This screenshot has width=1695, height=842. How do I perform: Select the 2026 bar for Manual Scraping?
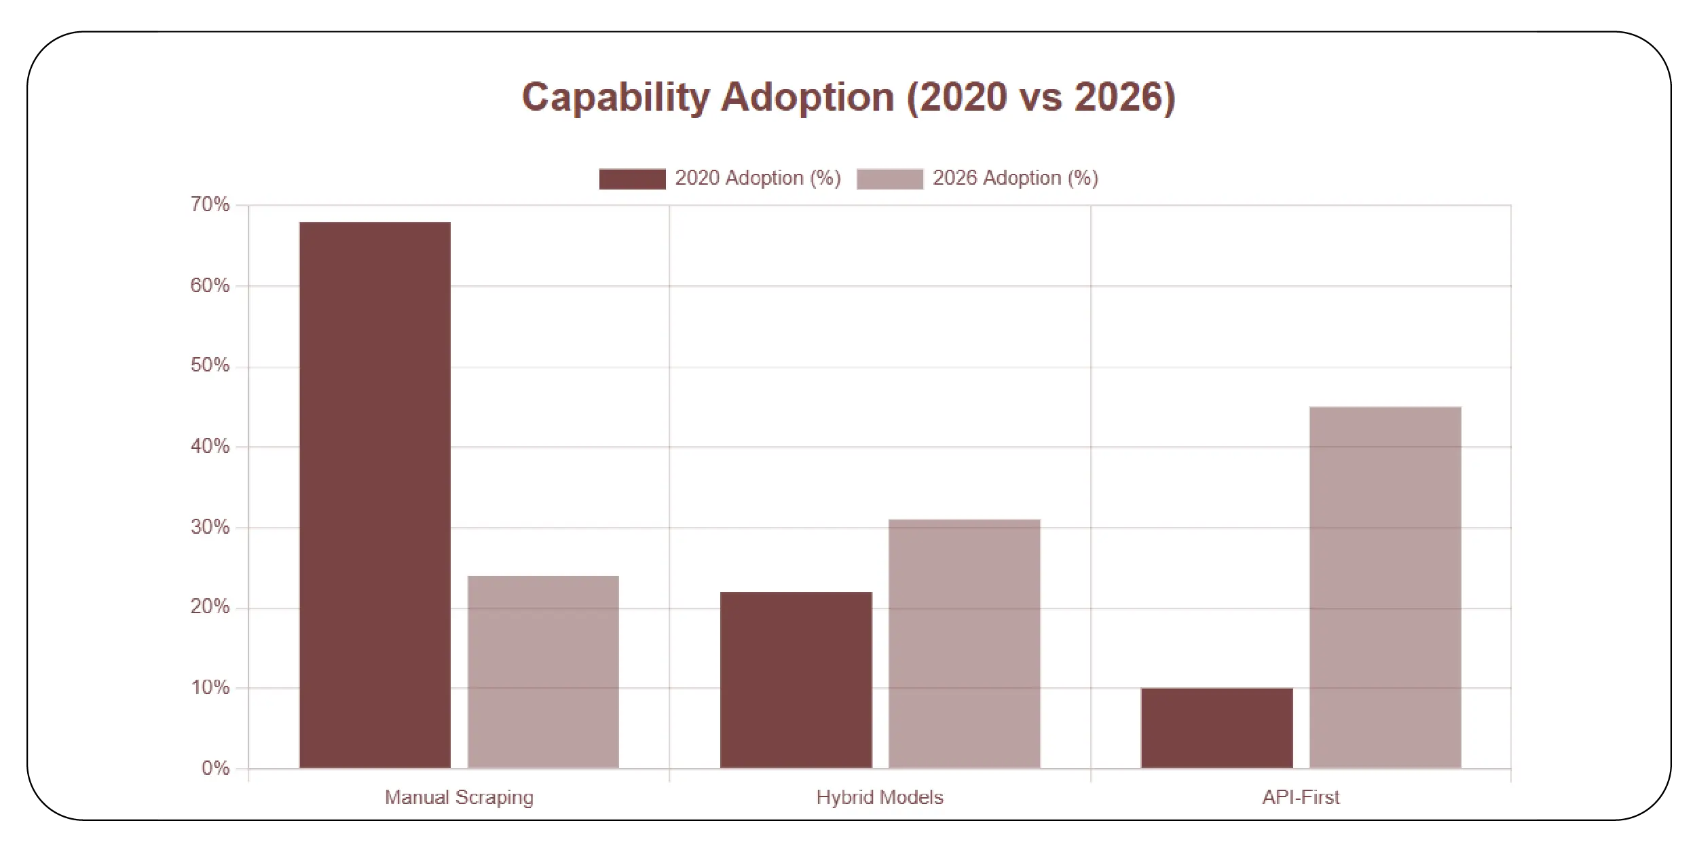pyautogui.click(x=543, y=672)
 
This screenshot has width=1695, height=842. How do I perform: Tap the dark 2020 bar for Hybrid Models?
pyautogui.click(x=796, y=680)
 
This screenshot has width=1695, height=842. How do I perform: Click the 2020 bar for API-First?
pyautogui.click(x=1216, y=728)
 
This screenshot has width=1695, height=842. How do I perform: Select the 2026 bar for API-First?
pyautogui.click(x=1385, y=587)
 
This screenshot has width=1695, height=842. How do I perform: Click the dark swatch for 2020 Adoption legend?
pyautogui.click(x=632, y=179)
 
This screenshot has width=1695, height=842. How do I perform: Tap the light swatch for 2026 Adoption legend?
pyautogui.click(x=889, y=179)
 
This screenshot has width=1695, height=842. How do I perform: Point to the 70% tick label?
pyautogui.click(x=210, y=204)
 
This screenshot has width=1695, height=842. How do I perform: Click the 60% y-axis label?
pyautogui.click(x=210, y=285)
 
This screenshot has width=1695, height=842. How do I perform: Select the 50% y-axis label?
pyautogui.click(x=210, y=365)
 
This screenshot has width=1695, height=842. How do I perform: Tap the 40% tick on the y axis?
pyautogui.click(x=210, y=446)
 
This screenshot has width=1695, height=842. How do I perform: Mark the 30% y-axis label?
pyautogui.click(x=210, y=527)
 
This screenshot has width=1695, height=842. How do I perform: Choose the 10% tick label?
pyautogui.click(x=210, y=688)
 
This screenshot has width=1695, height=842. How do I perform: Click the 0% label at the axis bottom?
pyautogui.click(x=215, y=768)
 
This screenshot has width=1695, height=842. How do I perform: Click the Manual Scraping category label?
pyautogui.click(x=459, y=797)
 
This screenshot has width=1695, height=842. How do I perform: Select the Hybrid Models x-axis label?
pyautogui.click(x=880, y=797)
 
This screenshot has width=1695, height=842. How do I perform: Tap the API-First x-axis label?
pyautogui.click(x=1301, y=797)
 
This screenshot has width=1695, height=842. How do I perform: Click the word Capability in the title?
pyautogui.click(x=615, y=97)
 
